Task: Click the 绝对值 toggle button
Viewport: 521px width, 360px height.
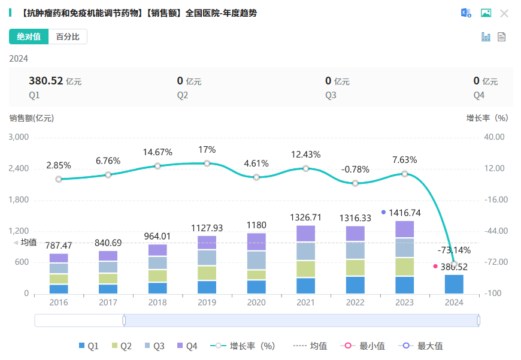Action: (x=29, y=37)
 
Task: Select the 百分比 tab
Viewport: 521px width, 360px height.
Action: (x=68, y=37)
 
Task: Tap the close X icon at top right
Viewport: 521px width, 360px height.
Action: (x=504, y=13)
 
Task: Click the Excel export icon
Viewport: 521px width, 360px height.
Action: (x=465, y=13)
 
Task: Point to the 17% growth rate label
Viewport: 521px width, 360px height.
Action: (x=207, y=150)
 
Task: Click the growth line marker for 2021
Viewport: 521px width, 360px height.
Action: (x=306, y=169)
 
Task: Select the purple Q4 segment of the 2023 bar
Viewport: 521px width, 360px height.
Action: (x=405, y=229)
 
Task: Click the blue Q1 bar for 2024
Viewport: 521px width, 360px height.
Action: (x=454, y=284)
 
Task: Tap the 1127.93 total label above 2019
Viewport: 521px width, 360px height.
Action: (x=207, y=228)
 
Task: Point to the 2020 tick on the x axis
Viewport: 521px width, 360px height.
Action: (x=256, y=302)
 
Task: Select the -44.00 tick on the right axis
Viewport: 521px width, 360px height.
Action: (x=494, y=231)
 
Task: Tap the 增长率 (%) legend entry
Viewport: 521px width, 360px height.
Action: (x=245, y=346)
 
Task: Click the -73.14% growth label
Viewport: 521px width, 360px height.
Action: (x=453, y=250)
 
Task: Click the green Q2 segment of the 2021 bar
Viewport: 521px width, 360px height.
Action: (x=306, y=269)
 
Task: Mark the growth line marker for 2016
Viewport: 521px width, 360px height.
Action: (x=59, y=179)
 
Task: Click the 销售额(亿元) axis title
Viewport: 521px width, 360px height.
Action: (x=32, y=118)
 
